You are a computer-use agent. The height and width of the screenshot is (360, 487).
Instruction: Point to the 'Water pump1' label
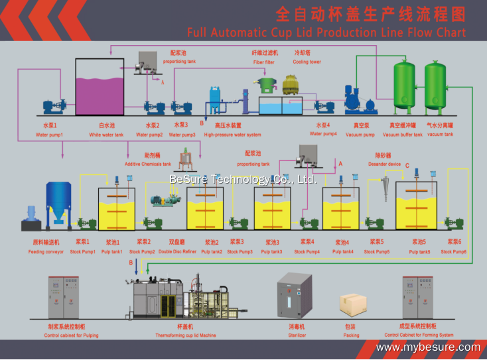[49, 135]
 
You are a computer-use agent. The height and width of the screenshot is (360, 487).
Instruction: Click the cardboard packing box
[353, 303]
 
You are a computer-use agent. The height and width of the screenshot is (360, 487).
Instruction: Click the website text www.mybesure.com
[428, 347]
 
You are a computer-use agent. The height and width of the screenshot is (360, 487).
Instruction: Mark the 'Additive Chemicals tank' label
[148, 164]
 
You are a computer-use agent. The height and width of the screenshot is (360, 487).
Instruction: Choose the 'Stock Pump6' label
[454, 251]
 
